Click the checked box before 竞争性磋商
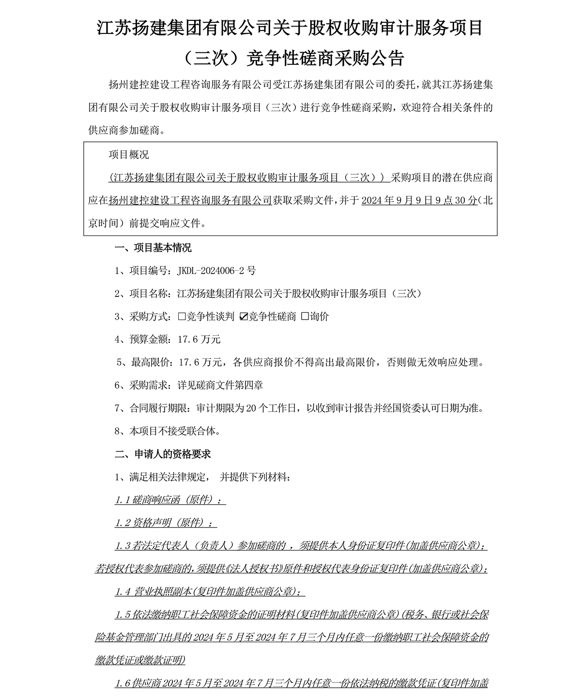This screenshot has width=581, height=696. [x=244, y=317]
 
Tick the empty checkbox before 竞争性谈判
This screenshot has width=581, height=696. [x=182, y=317]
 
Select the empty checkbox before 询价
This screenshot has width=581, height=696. [x=305, y=317]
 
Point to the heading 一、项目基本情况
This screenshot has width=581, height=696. [x=153, y=248]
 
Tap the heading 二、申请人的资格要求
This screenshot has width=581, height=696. [x=163, y=454]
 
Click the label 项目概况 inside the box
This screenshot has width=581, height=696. [x=129, y=155]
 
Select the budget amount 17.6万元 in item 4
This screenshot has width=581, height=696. [x=199, y=340]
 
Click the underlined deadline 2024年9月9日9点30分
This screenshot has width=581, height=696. [x=419, y=201]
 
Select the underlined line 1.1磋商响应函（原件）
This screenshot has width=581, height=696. [x=170, y=500]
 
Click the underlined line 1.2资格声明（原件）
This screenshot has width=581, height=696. [x=166, y=523]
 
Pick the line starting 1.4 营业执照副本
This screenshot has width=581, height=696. [x=210, y=592]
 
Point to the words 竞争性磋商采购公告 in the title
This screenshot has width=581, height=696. [x=325, y=59]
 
